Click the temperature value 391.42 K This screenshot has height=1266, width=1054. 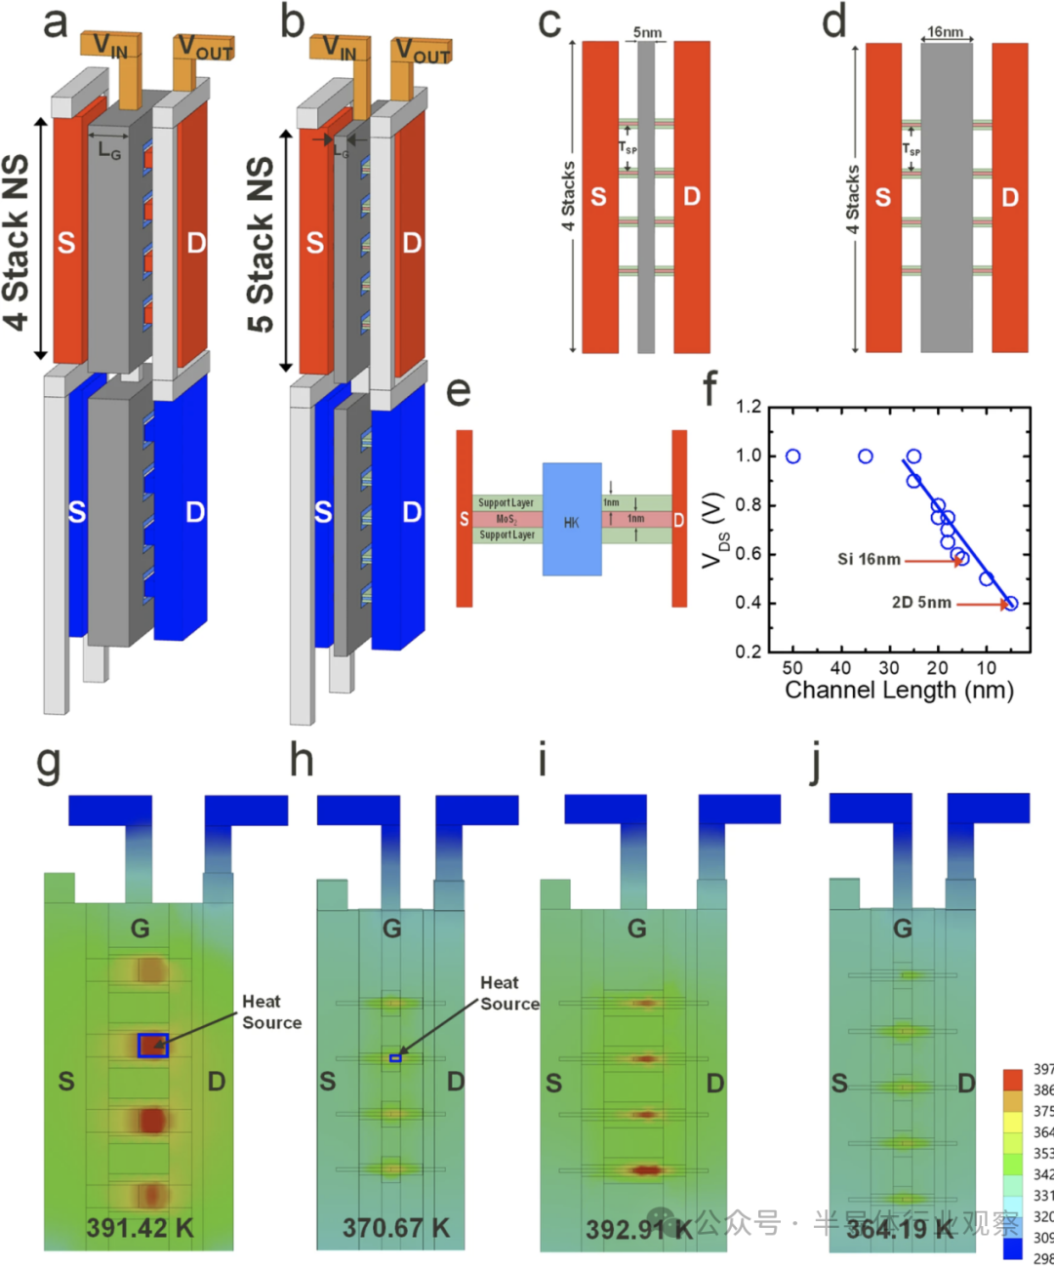coord(140,1228)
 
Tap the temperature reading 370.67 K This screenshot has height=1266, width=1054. coord(396,1228)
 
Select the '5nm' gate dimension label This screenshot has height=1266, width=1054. coord(647,32)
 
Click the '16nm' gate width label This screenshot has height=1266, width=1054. coord(945,32)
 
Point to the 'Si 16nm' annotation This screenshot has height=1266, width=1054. coord(869,559)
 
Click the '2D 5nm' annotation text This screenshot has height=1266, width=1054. coord(921,602)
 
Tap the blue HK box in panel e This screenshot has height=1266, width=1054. coord(572,519)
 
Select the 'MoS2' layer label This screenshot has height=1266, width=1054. coord(507,519)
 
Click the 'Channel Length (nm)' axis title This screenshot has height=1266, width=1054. coord(899,691)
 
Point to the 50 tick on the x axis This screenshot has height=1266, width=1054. coord(792,668)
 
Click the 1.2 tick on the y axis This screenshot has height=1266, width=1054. coord(749,407)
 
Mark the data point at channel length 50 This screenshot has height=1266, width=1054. coord(792,456)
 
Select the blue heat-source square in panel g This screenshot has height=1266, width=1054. coord(153,1046)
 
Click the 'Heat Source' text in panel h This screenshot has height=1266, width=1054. coord(508,993)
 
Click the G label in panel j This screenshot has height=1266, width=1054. coord(903,929)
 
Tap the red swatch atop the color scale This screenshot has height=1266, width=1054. coord(1013,1079)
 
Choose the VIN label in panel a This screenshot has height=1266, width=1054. coord(111,47)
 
